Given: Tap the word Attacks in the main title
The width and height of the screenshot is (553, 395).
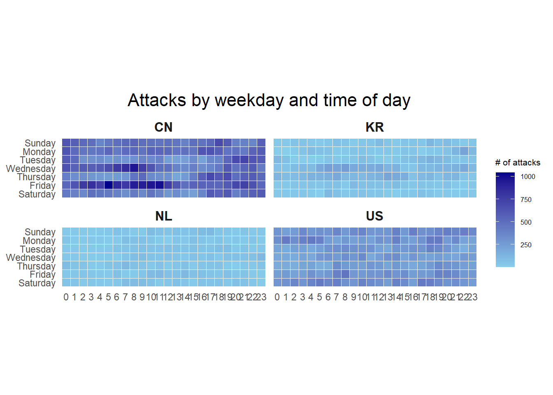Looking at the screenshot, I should click(x=157, y=100).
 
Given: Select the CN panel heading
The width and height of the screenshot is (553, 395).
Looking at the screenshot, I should click(x=163, y=127).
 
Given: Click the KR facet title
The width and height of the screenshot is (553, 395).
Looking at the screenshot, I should click(x=374, y=127).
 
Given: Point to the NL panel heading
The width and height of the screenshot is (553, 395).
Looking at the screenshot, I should click(x=163, y=216).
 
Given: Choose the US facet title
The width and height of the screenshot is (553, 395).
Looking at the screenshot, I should click(x=374, y=216).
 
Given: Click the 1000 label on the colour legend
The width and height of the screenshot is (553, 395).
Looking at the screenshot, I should click(x=528, y=177).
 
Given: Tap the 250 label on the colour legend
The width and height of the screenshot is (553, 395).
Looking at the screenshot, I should click(x=526, y=245).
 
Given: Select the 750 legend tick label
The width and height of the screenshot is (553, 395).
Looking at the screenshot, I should click(x=526, y=200).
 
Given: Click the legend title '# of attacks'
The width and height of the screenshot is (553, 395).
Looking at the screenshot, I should click(x=518, y=163).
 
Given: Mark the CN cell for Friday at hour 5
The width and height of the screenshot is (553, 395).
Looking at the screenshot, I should click(x=109, y=185).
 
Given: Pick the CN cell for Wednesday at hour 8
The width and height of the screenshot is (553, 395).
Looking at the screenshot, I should click(x=134, y=168).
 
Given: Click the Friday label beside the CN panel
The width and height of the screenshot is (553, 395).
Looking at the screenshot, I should click(x=42, y=186).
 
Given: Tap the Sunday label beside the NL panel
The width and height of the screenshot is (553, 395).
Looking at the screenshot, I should click(x=40, y=232).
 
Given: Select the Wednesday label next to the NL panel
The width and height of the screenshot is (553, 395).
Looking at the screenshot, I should click(x=31, y=258).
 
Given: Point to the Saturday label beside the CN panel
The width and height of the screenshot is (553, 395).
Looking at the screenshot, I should click(x=37, y=194).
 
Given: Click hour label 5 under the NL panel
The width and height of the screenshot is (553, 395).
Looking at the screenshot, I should click(x=108, y=297).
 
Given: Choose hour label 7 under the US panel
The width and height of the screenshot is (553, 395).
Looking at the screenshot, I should click(x=337, y=297).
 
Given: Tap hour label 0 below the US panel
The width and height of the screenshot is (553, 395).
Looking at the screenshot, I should click(x=277, y=297).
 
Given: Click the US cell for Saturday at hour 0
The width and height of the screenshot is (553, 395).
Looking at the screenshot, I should click(x=278, y=282).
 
